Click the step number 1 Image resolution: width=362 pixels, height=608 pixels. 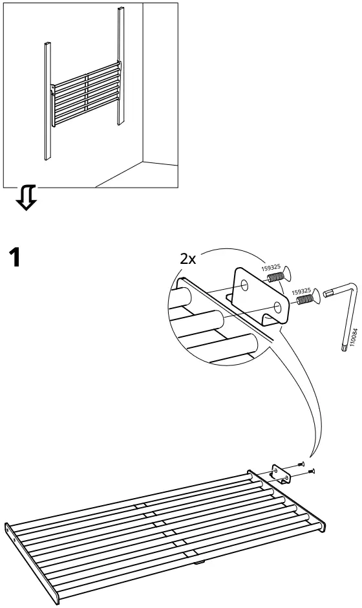coord(16,257)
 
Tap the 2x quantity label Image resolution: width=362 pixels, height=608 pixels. coord(188,259)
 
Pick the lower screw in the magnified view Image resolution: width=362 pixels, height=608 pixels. coord(308,297)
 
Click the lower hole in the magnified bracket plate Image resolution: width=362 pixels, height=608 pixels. coord(277,308)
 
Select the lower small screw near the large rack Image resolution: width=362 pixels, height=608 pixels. coord(311,471)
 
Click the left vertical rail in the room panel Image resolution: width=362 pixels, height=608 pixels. coord(48,101)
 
